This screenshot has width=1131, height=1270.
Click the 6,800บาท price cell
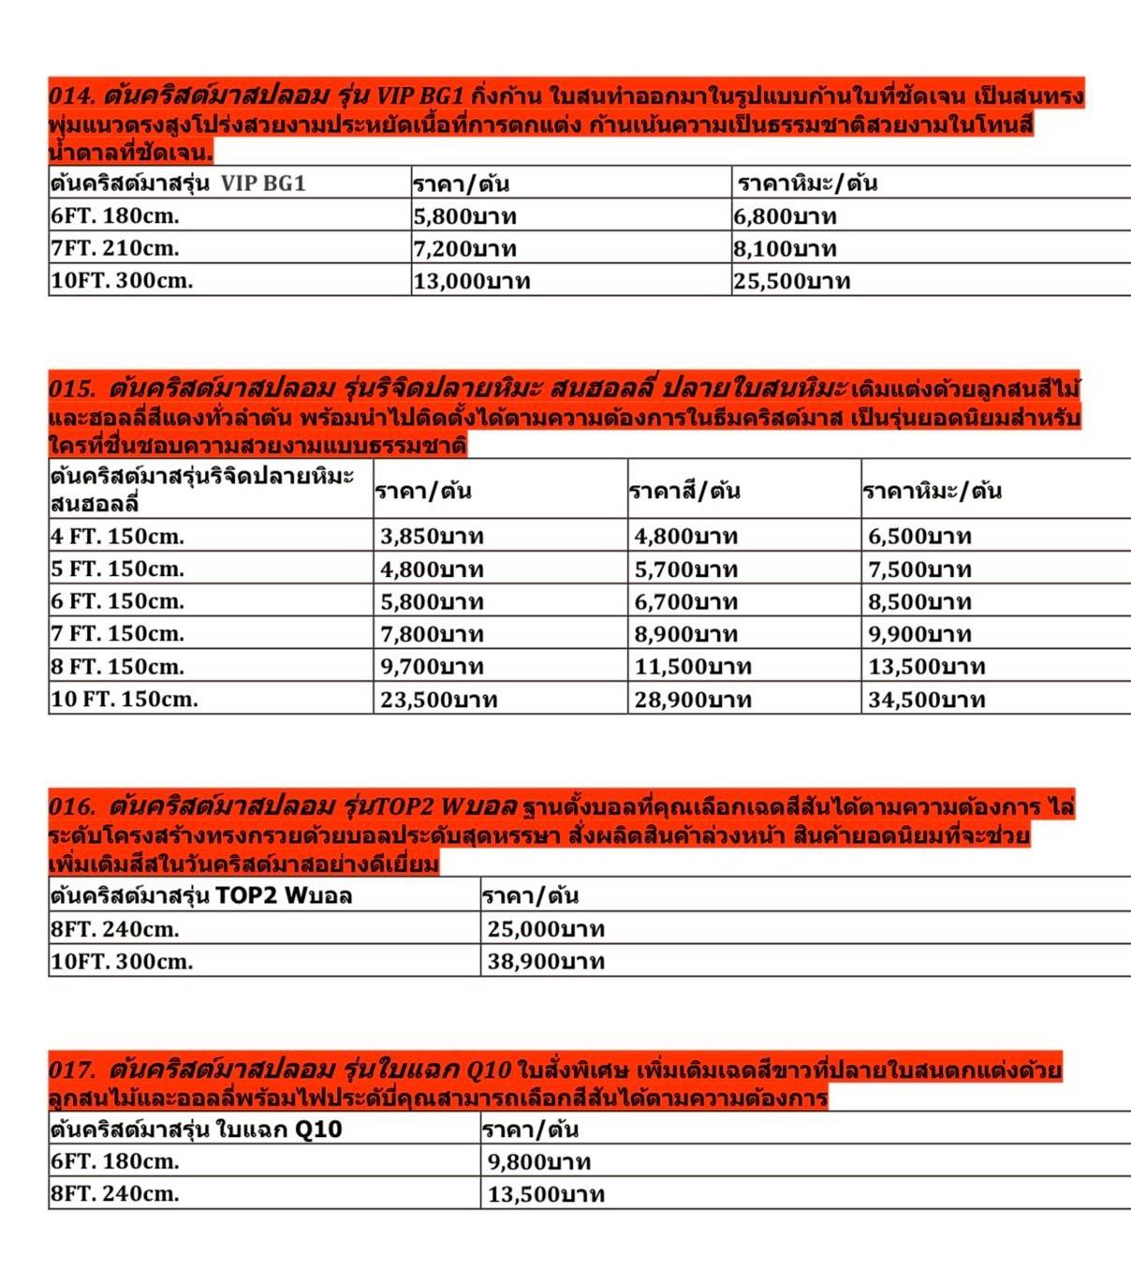pyautogui.click(x=786, y=216)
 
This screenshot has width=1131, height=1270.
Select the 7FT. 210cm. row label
pyautogui.click(x=115, y=248)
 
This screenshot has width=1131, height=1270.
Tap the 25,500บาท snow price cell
pyautogui.click(x=792, y=281)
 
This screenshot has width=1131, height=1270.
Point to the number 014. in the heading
pyautogui.click(x=72, y=96)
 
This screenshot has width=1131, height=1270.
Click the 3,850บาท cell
pyautogui.click(x=432, y=537)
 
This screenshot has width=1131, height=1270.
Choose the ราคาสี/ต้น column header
pyautogui.click(x=684, y=491)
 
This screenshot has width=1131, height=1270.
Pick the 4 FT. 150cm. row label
pyautogui.click(x=118, y=537)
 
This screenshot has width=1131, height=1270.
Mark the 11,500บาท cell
pyautogui.click(x=693, y=667)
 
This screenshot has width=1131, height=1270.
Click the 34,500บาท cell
pyautogui.click(x=926, y=700)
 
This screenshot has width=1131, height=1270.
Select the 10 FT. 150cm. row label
pyautogui.click(x=125, y=699)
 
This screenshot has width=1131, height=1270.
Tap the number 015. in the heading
pyautogui.click(x=73, y=389)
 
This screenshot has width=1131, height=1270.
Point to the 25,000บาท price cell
pyautogui.click(x=546, y=929)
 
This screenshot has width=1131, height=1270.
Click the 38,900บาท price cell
pyautogui.click(x=546, y=961)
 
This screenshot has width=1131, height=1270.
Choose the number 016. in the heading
pyautogui.click(x=73, y=806)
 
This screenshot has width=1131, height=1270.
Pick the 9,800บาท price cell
pyautogui.click(x=539, y=1162)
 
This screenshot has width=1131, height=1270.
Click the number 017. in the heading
pyautogui.click(x=73, y=1070)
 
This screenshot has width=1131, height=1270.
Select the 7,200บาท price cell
pyautogui.click(x=464, y=249)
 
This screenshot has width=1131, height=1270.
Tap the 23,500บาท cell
pyautogui.click(x=438, y=700)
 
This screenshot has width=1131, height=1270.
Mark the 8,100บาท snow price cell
pyautogui.click(x=786, y=249)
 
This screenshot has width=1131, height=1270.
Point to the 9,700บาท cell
pyautogui.click(x=432, y=667)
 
